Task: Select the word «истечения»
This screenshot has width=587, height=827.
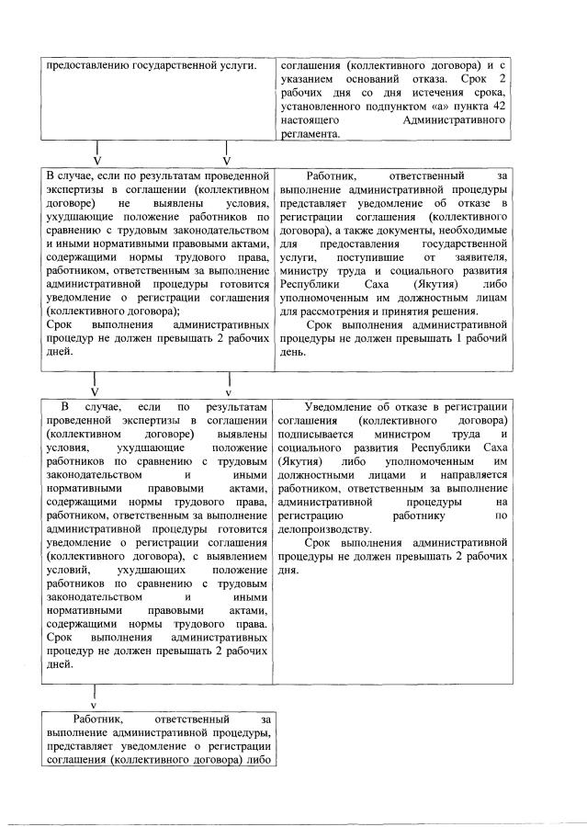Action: [x=445, y=94]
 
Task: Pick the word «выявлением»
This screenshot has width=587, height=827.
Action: [x=233, y=558]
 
